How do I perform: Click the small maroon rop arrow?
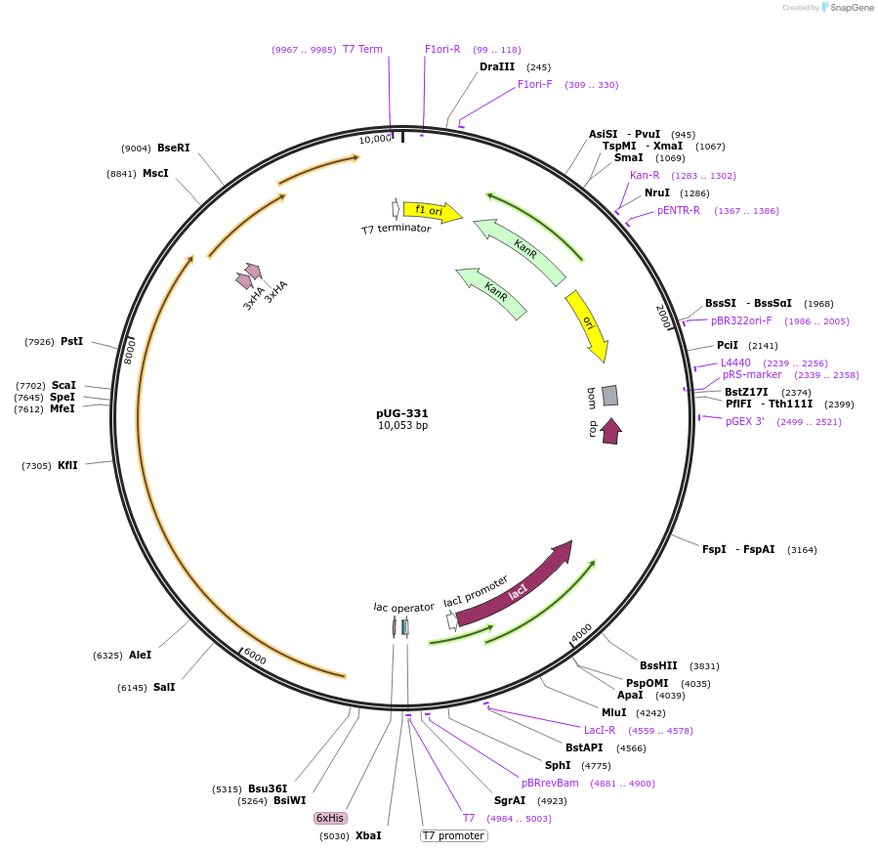tap(610, 431)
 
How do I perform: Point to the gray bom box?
tap(609, 395)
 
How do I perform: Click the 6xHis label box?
tap(329, 818)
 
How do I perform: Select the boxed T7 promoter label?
tap(453, 835)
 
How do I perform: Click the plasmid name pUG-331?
tap(402, 413)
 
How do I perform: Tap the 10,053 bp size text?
tap(402, 426)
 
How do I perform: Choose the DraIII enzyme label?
tap(497, 67)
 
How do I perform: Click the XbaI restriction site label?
tap(368, 835)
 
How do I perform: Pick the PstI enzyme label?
tap(72, 341)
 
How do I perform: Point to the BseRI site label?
tap(174, 148)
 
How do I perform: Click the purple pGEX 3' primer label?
tap(745, 421)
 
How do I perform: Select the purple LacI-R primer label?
tap(600, 730)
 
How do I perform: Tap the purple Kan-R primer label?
tap(645, 175)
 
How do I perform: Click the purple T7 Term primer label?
tap(362, 49)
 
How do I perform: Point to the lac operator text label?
tap(403, 607)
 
